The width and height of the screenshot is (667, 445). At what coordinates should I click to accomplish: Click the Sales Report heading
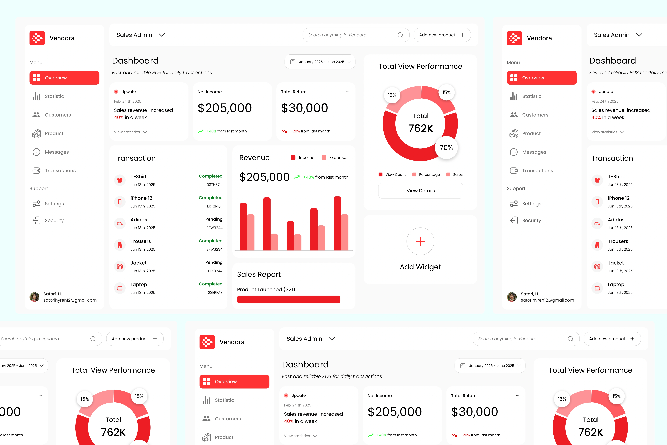(259, 274)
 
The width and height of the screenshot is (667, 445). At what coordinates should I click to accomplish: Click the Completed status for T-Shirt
(210, 176)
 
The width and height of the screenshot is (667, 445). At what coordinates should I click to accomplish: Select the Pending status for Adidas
(214, 219)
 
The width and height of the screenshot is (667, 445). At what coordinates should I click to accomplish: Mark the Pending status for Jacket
(214, 262)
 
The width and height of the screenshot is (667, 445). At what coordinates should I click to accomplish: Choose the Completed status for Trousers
(210, 241)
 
